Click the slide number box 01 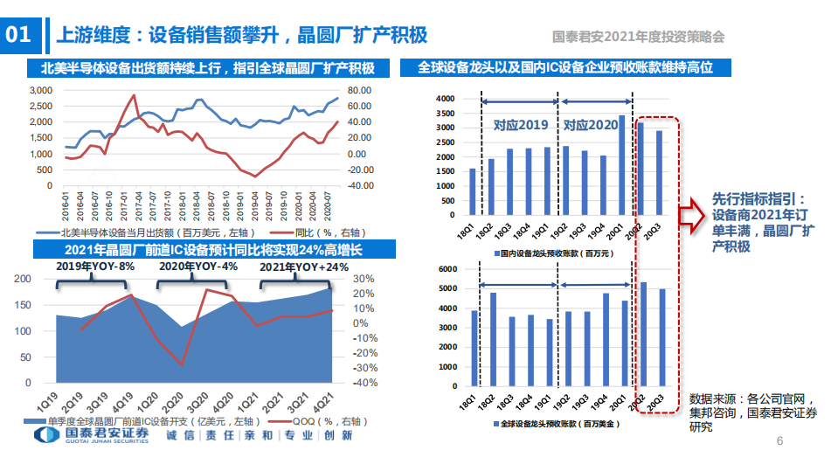(x=18, y=35)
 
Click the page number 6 (x=779, y=442)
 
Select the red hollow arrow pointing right (x=691, y=215)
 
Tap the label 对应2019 (x=520, y=125)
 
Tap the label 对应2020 (x=590, y=125)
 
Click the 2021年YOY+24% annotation (x=304, y=267)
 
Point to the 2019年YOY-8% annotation (x=96, y=267)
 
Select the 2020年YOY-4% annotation (x=197, y=267)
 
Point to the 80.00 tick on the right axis (x=360, y=91)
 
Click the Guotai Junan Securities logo (x=87, y=437)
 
